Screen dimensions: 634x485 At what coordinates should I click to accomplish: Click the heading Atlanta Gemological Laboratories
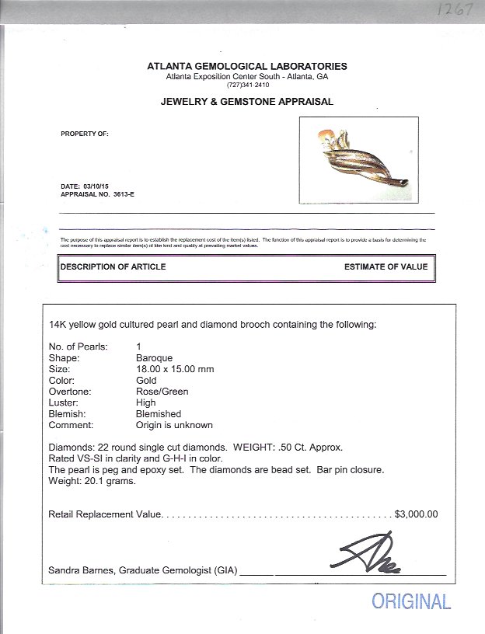click(247, 67)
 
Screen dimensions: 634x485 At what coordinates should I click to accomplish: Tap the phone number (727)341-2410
click(247, 85)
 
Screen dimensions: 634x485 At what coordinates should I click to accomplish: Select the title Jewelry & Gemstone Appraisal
click(247, 102)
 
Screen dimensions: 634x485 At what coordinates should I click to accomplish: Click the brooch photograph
click(358, 160)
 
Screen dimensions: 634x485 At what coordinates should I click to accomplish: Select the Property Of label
click(85, 134)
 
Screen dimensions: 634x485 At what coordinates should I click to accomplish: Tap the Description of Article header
click(113, 267)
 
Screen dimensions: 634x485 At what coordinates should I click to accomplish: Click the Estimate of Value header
click(386, 267)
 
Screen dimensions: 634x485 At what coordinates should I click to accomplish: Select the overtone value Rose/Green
click(162, 392)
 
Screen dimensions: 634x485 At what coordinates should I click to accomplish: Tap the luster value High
click(145, 403)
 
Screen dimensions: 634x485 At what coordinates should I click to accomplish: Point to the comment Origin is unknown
click(174, 425)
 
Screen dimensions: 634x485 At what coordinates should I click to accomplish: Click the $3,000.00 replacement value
click(417, 514)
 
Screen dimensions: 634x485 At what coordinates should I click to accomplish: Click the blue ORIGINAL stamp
click(411, 601)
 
